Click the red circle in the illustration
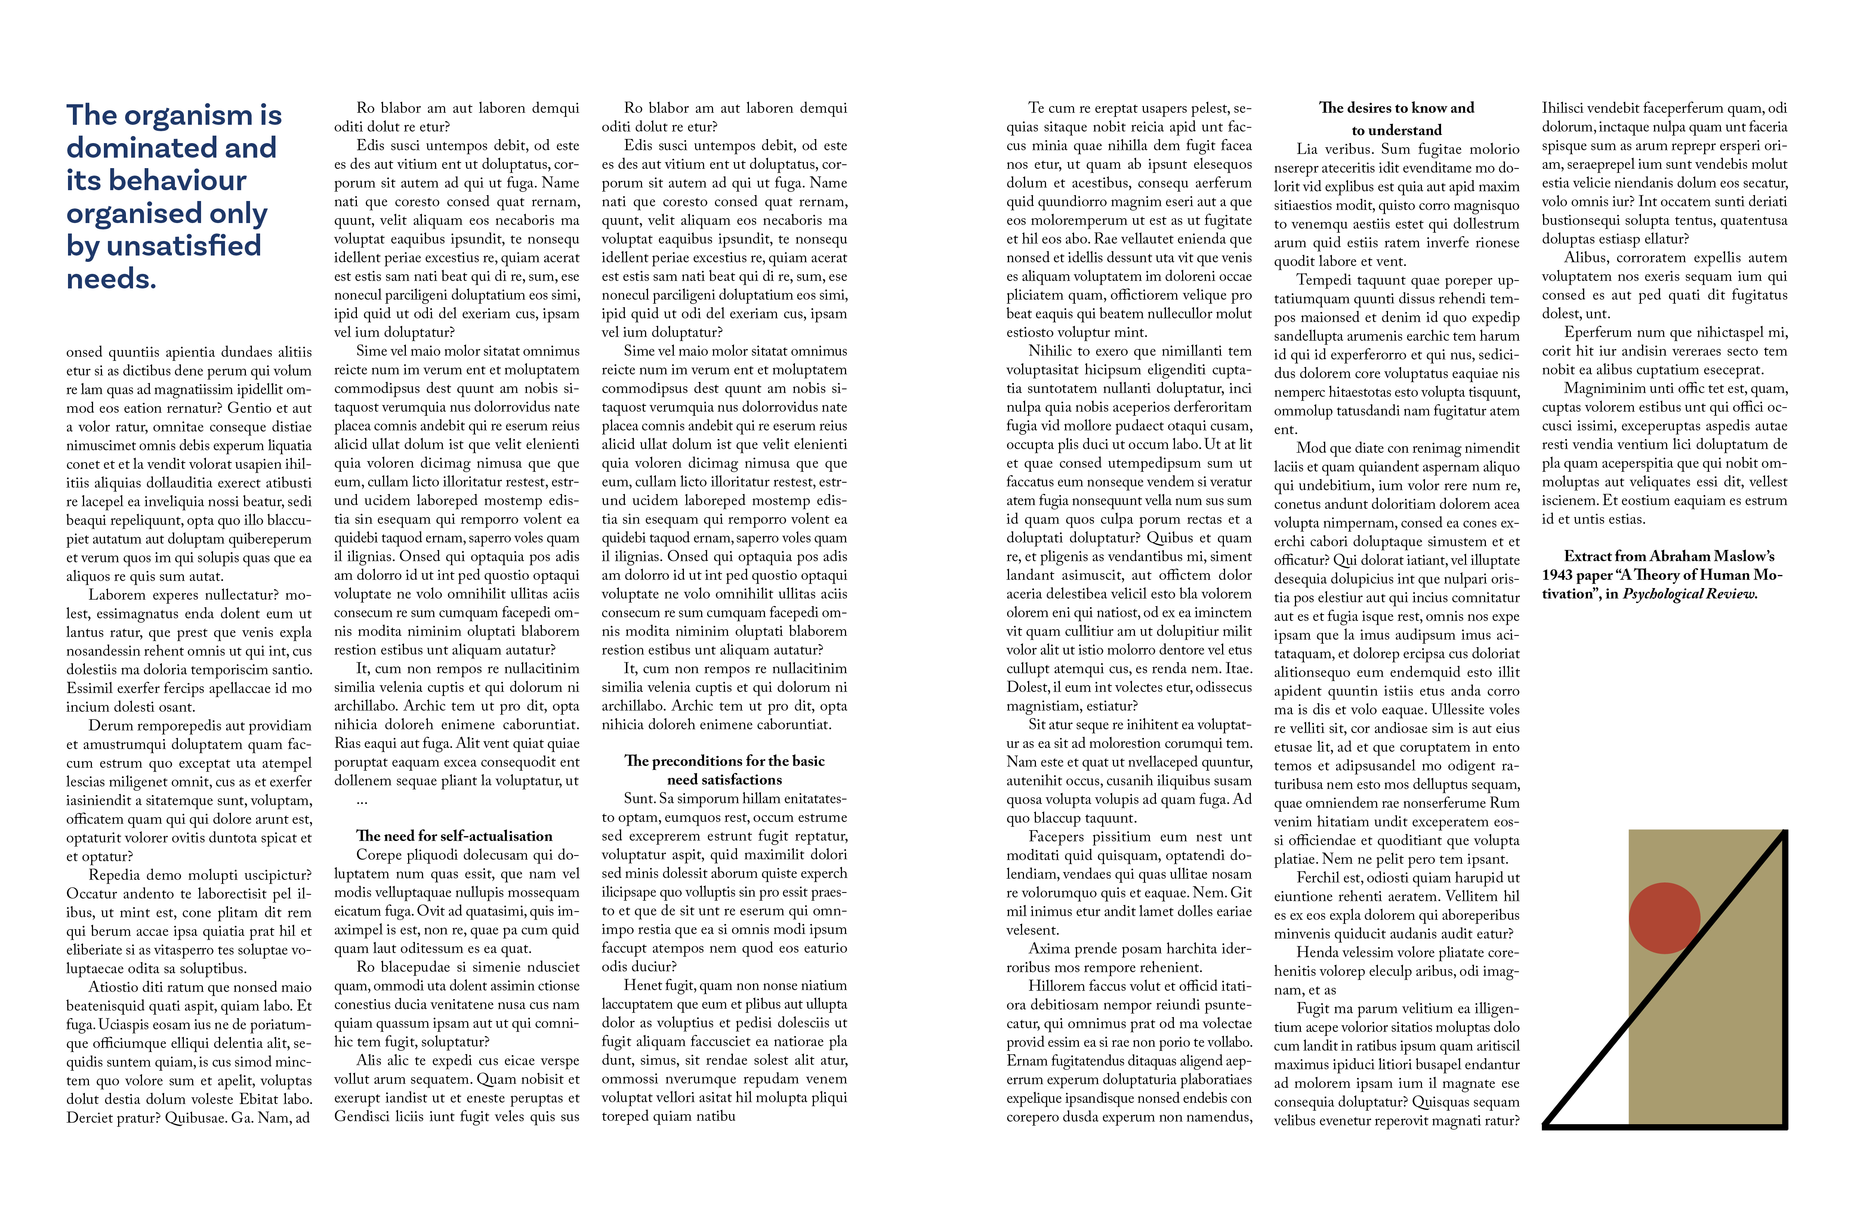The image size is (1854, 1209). click(x=1664, y=918)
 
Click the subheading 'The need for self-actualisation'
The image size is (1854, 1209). click(x=454, y=836)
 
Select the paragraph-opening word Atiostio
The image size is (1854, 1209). click(x=115, y=987)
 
